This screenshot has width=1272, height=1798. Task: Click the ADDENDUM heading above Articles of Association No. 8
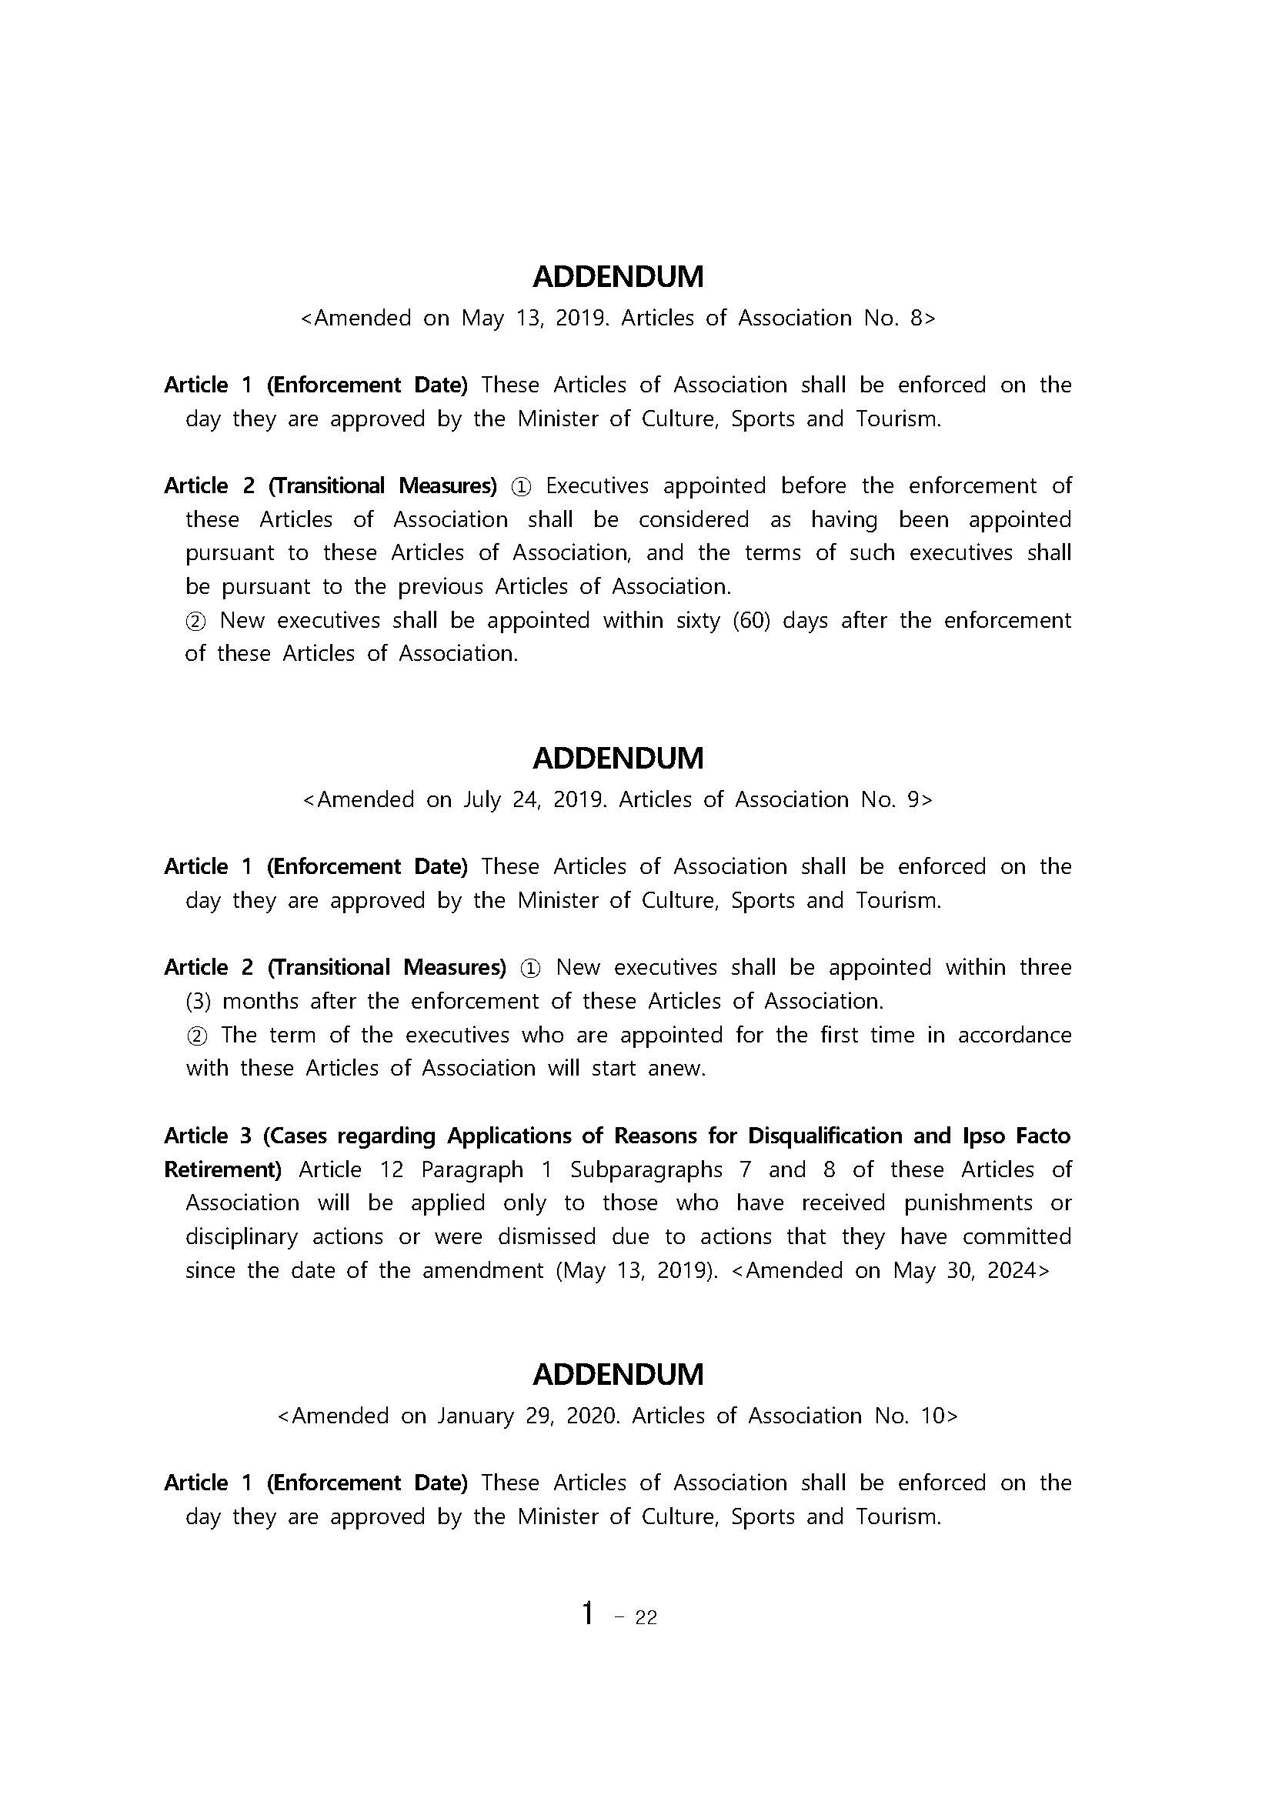pos(618,276)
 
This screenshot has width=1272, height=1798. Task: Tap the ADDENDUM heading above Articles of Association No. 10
pos(618,1374)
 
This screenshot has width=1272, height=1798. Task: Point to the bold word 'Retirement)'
pos(222,1169)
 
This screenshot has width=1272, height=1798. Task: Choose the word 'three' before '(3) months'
pos(1045,967)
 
